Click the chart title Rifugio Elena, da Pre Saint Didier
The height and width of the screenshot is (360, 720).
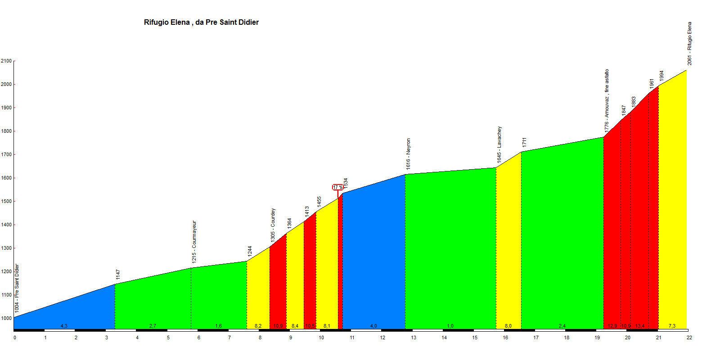point(201,22)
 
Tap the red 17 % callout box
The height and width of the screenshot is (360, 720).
point(338,187)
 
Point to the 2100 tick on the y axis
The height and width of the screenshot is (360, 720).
point(6,61)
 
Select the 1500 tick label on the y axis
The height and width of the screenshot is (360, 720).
point(6,202)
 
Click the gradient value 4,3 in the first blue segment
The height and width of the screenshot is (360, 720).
point(64,326)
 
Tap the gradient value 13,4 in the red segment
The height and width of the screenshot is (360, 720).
point(639,326)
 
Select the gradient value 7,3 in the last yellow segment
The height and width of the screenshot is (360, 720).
point(672,326)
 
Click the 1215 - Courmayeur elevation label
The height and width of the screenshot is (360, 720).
point(194,242)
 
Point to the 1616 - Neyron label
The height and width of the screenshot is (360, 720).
point(408,154)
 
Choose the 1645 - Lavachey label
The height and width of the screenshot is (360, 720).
point(499,144)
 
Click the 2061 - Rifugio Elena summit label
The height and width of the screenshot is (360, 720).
point(689,44)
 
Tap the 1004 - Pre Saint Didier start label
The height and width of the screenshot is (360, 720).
point(17,288)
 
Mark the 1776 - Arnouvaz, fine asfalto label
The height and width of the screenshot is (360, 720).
point(606,99)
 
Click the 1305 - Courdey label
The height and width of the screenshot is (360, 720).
point(273,225)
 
